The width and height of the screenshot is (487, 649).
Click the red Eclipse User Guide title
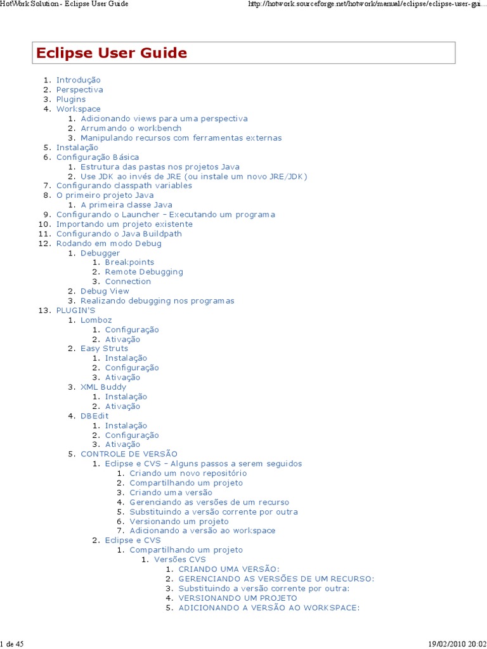point(112,53)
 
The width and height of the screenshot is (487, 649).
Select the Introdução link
point(78,80)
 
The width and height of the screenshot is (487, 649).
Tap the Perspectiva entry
point(79,89)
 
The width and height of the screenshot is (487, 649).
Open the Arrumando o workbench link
point(131,128)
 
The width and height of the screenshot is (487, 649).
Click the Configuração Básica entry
point(97,157)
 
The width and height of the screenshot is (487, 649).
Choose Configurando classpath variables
point(124,186)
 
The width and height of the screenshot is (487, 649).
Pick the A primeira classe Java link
point(126,205)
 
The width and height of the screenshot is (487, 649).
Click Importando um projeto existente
point(124,224)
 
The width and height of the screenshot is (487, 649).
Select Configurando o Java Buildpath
point(119,234)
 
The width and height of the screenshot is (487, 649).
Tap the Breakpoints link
point(129,262)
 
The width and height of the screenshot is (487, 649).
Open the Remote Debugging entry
point(144,272)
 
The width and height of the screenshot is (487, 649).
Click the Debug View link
point(105,291)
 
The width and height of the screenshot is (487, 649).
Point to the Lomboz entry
point(96,320)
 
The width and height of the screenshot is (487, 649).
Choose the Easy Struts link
point(104,349)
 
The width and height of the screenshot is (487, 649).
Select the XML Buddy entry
point(103,387)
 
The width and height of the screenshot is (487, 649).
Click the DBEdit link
point(94,416)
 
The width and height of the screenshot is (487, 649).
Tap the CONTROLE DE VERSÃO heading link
point(129,454)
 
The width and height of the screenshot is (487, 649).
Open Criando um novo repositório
point(188,473)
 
